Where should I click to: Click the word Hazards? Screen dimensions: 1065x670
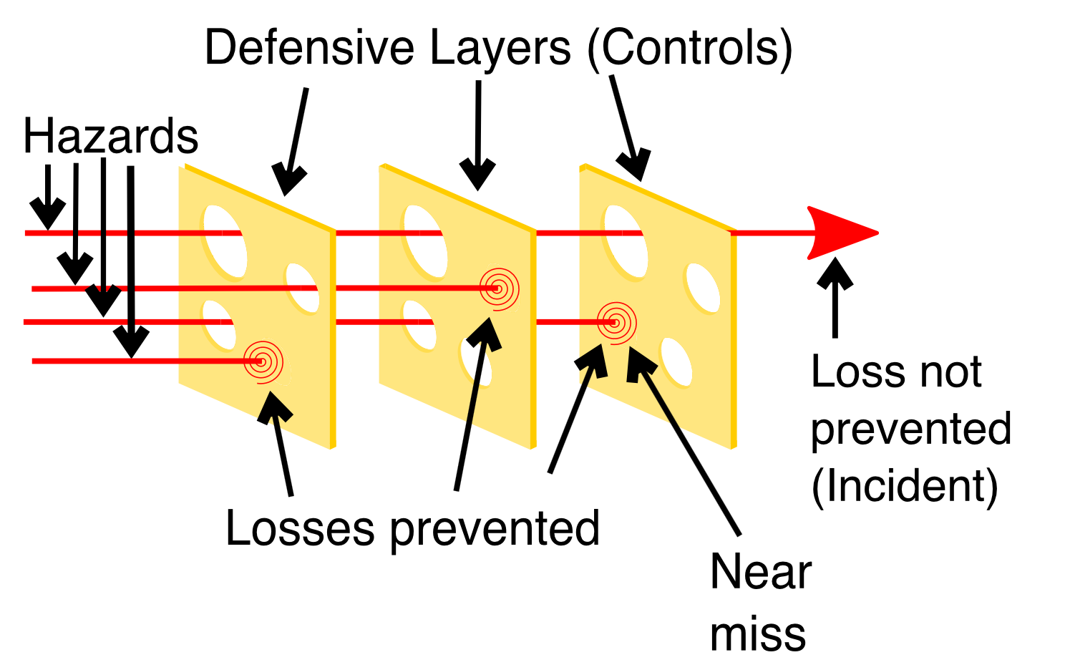[x=111, y=136]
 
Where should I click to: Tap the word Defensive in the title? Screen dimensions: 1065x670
[x=309, y=47]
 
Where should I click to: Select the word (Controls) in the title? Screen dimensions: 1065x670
[x=690, y=49]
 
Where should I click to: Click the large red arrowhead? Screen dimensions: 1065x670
[x=842, y=233]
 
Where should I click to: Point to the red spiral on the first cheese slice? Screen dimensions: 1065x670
[x=263, y=362]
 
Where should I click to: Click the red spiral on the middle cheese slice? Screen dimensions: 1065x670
[x=499, y=289]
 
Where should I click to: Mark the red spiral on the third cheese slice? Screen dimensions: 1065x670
[x=617, y=324]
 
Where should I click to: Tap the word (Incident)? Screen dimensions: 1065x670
[x=905, y=487]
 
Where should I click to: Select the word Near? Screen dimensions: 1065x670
[x=761, y=572]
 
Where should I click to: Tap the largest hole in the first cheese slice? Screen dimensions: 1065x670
[x=225, y=241]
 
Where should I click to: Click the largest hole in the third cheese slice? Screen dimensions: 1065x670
[x=626, y=241]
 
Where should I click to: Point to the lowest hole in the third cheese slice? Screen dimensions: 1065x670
[x=676, y=362]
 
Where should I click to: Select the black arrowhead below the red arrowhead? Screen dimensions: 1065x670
[x=835, y=273]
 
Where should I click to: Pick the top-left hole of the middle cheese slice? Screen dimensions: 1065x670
[x=426, y=241]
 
